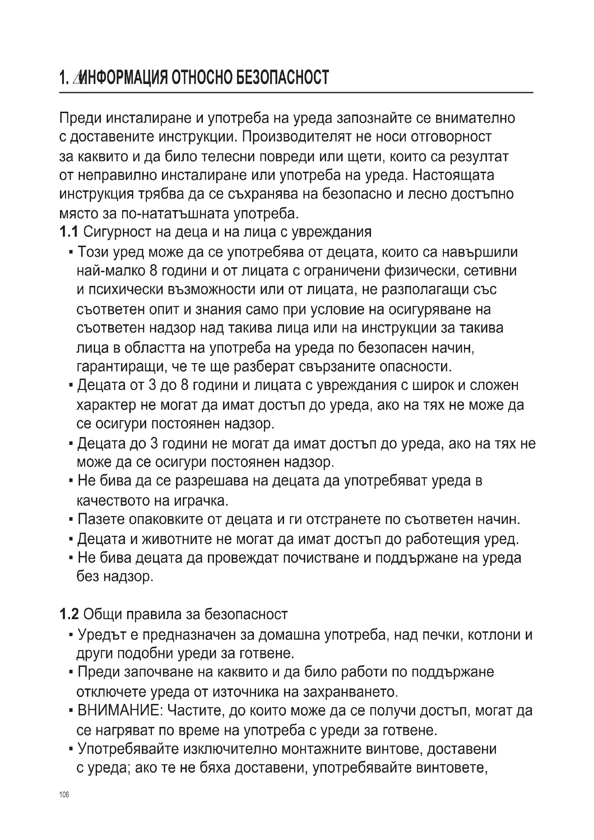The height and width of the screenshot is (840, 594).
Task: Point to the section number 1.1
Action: coord(68,232)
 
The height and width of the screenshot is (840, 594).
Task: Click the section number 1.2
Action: coord(68,614)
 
